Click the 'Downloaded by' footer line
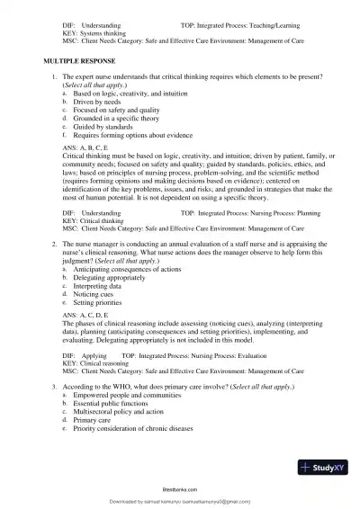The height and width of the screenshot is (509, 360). coord(180,500)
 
